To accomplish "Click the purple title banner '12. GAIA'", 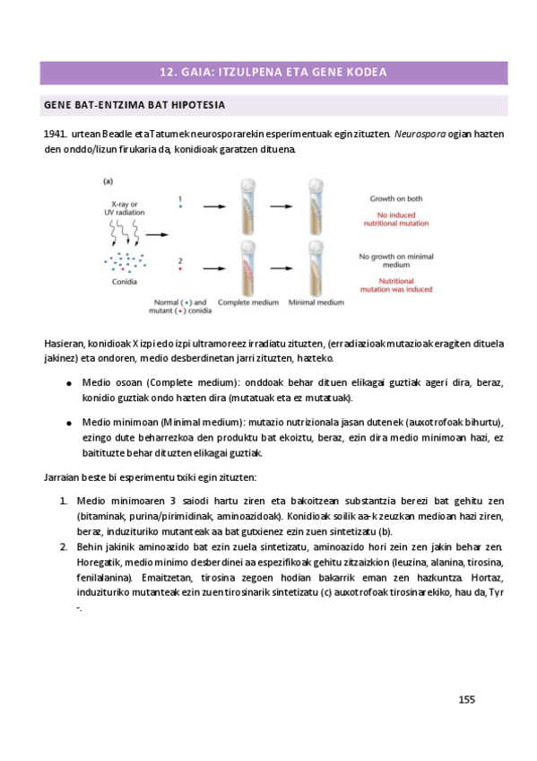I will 267,72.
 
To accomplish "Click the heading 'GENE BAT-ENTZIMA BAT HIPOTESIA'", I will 134,105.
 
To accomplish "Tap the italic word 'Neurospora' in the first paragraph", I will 420,134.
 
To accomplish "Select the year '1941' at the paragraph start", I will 56,134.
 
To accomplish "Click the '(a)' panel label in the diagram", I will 108,180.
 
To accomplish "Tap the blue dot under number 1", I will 180,207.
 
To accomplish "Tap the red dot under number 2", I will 180,270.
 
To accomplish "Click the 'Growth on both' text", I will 396,197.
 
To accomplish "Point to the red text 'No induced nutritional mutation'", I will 396,219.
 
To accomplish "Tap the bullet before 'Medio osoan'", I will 69,381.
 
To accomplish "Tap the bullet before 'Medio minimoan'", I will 69,422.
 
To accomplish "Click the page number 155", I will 466,700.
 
